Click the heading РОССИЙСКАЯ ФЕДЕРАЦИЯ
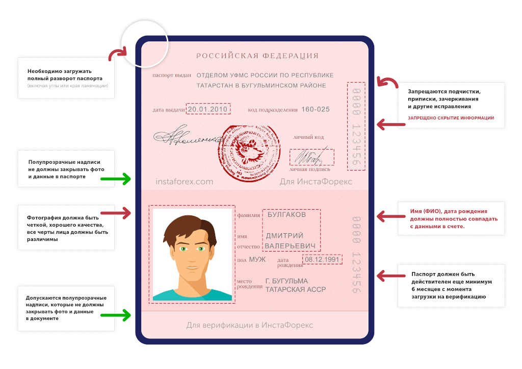(x=257, y=56)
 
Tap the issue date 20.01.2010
(x=208, y=109)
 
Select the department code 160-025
(x=316, y=109)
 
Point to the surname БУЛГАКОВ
(x=287, y=215)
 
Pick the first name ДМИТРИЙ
(x=284, y=236)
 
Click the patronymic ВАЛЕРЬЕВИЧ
(x=291, y=245)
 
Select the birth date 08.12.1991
(x=322, y=259)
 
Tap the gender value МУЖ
(x=257, y=260)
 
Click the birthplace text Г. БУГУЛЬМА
(x=287, y=281)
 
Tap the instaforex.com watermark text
(x=184, y=181)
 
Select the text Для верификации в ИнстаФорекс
(x=250, y=325)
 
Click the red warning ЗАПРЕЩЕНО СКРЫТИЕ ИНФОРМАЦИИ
(x=451, y=118)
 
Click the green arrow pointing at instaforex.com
(x=116, y=179)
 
